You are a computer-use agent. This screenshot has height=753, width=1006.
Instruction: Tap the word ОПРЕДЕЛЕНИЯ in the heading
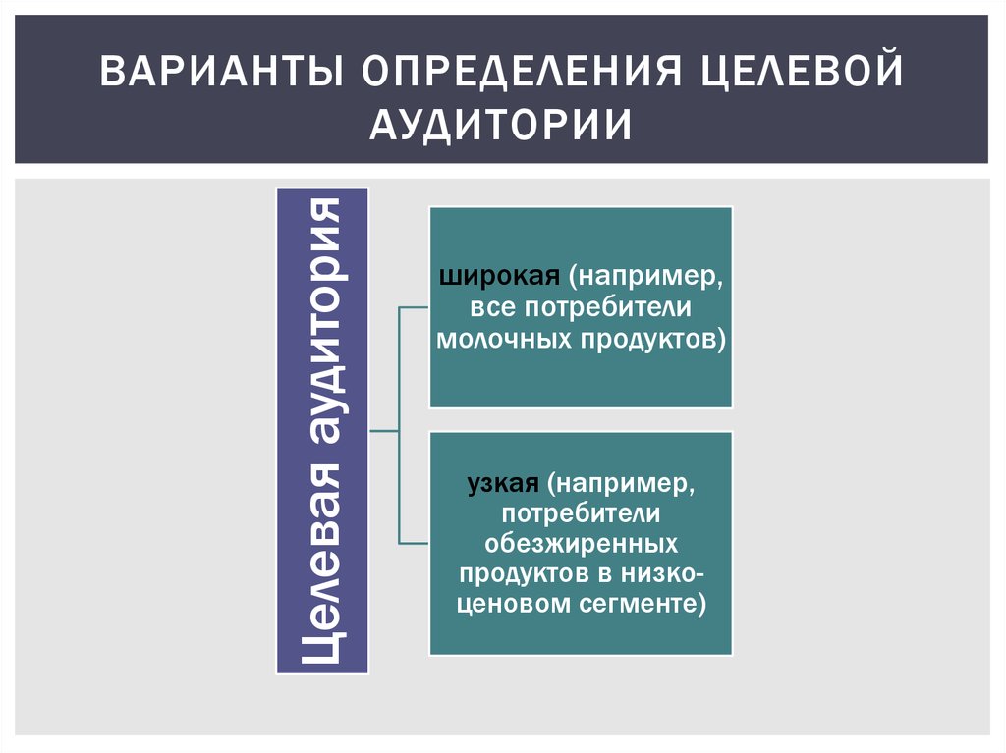(521, 71)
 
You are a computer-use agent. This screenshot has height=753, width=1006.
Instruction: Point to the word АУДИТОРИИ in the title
(501, 124)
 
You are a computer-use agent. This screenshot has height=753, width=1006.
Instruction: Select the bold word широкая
(500, 277)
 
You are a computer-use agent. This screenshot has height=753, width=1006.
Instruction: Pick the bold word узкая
(503, 483)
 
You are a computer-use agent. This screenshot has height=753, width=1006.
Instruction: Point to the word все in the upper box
(493, 308)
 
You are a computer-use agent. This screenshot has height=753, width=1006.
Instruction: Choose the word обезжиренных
(581, 543)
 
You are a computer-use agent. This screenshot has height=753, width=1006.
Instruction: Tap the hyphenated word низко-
(662, 573)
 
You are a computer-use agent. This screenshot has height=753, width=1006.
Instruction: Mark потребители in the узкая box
(581, 513)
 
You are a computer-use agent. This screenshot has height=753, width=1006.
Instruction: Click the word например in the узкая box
(619, 484)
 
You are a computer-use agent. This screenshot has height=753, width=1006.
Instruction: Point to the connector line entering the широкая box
(414, 307)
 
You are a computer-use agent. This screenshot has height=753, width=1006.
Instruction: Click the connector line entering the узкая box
(414, 543)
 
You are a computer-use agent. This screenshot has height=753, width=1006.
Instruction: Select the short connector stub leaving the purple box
(384, 430)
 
